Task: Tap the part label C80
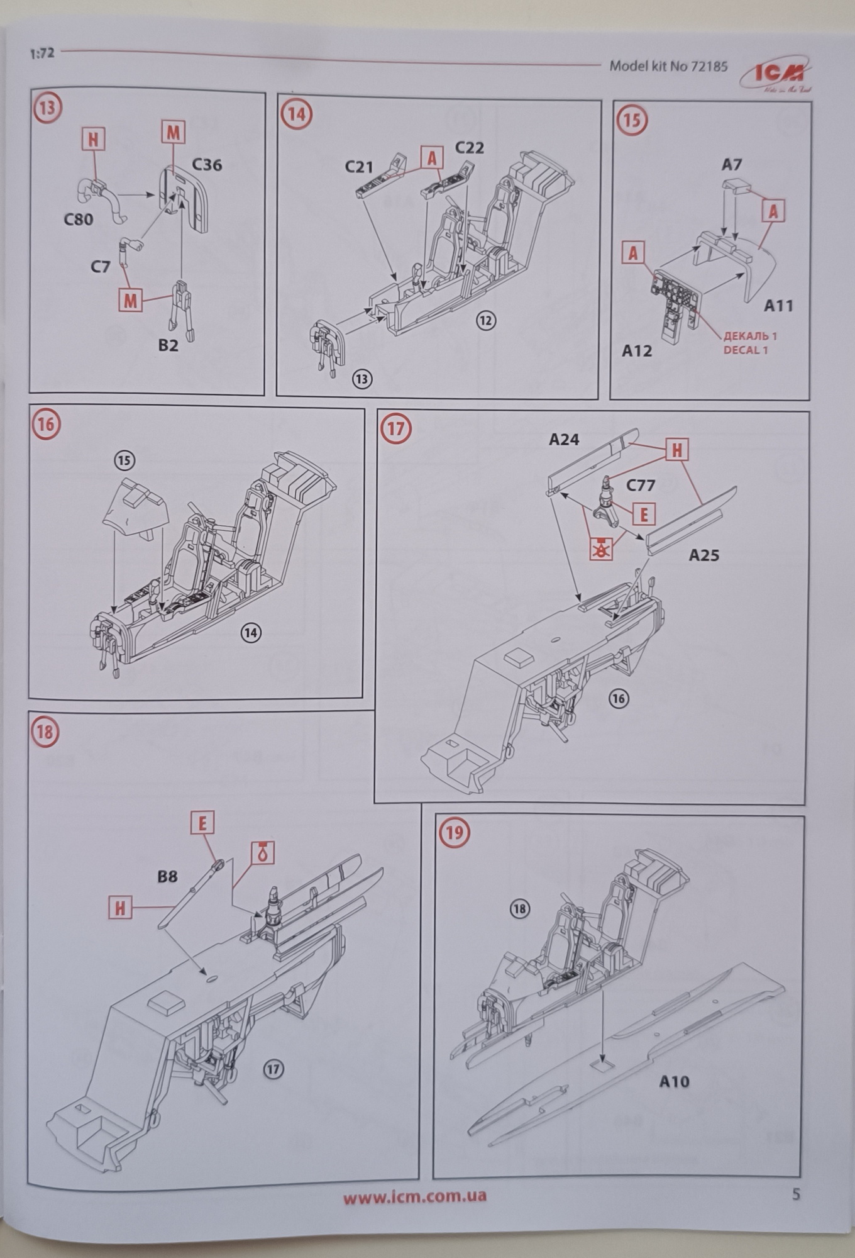click(79, 220)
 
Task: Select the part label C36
click(207, 165)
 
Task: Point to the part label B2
click(168, 345)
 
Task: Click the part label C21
click(359, 167)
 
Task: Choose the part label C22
click(469, 148)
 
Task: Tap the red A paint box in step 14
click(432, 158)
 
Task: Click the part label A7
click(732, 165)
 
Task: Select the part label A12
click(637, 351)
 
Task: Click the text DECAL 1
click(746, 350)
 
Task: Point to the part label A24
click(563, 440)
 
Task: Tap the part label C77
click(641, 486)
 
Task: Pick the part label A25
click(704, 555)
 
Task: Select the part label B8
click(167, 876)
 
